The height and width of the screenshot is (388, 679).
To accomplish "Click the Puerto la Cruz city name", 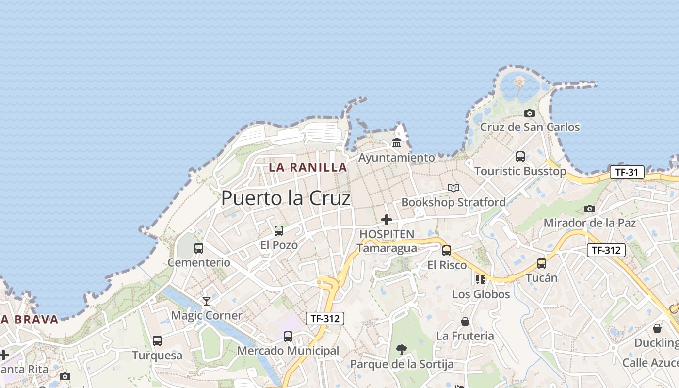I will (286, 198).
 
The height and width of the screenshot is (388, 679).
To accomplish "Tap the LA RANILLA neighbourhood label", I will (308, 168).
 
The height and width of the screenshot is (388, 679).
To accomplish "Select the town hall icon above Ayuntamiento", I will (397, 143).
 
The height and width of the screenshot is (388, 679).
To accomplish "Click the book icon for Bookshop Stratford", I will (453, 188).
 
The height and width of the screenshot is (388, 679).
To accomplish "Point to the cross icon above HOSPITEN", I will (387, 220).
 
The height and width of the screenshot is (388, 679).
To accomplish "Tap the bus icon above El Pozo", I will (279, 230).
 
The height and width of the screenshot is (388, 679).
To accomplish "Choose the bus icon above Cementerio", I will (199, 248).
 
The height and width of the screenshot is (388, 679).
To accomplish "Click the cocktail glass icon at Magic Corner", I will (207, 301).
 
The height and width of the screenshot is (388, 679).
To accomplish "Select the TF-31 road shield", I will (627, 172).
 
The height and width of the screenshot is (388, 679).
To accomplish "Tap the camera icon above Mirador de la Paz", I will (590, 209).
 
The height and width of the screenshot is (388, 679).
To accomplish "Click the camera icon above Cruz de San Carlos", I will (530, 113).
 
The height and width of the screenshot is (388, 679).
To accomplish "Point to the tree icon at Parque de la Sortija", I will (401, 349).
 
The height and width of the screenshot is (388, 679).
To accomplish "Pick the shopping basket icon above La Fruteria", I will (465, 322).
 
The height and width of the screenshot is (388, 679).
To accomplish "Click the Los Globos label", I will (481, 294).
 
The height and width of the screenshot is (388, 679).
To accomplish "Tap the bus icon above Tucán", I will (542, 263).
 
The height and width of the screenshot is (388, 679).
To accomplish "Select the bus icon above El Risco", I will (447, 251).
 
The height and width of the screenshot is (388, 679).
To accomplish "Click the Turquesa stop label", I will (158, 356).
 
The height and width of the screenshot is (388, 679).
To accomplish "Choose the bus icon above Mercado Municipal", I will (288, 336).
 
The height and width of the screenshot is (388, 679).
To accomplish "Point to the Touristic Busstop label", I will (520, 171).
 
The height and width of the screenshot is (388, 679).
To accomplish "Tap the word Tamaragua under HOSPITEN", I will (387, 248).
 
